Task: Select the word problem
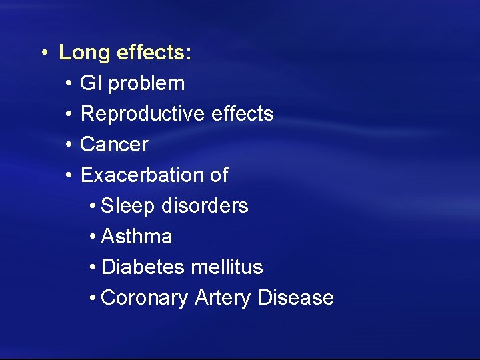pos(147,83)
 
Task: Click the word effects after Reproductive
pos(242,114)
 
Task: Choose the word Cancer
pos(114,144)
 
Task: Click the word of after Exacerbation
pos(218,175)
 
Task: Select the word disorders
pos(205,206)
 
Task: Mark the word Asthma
pos(137,237)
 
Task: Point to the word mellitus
pos(227,267)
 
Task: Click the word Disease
pos(295,297)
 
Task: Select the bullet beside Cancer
pos(69,145)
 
